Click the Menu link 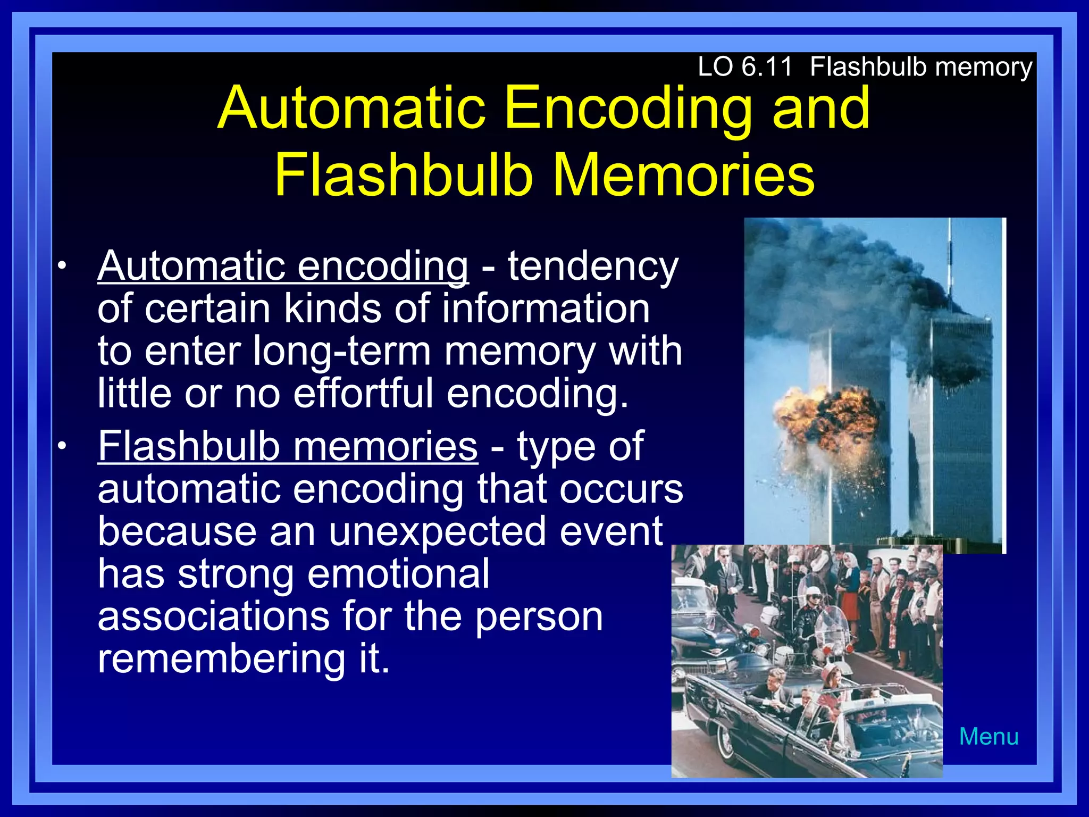pyautogui.click(x=989, y=737)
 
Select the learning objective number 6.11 pyautogui.click(x=766, y=68)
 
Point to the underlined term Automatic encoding pyautogui.click(x=283, y=266)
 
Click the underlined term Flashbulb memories pyautogui.click(x=287, y=446)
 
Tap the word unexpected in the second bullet pyautogui.click(x=437, y=531)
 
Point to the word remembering pyautogui.click(x=221, y=659)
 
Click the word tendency pyautogui.click(x=592, y=266)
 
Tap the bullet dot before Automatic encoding pyautogui.click(x=63, y=266)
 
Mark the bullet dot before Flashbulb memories pyautogui.click(x=63, y=446)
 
